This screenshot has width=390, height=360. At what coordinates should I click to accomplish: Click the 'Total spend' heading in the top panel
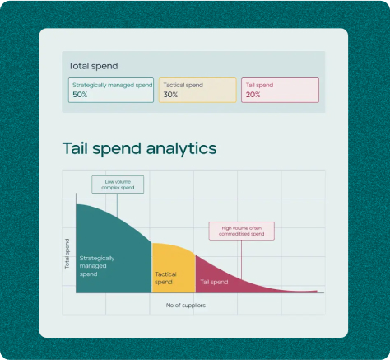coord(93,66)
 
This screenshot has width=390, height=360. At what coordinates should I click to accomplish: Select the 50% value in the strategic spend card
coord(80,95)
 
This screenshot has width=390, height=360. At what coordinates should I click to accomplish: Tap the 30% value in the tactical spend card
coord(170,95)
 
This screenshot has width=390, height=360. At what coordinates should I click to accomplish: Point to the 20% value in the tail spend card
coord(253,95)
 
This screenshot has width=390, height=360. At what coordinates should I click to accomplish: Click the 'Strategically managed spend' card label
coord(112,86)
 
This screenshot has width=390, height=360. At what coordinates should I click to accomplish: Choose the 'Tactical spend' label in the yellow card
coord(183,85)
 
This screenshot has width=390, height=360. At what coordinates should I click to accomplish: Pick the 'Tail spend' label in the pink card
coord(259,85)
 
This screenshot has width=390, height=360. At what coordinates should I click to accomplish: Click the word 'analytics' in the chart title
coord(181,148)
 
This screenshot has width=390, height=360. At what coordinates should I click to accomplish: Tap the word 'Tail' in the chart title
coord(75,148)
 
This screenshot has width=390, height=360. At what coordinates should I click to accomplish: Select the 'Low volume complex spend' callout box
coord(118,185)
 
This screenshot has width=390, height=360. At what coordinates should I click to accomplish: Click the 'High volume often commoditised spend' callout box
coord(242,231)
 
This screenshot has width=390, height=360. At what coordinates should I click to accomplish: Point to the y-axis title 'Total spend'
coord(67,254)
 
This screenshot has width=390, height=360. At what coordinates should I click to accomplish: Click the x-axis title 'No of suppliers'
coord(186,306)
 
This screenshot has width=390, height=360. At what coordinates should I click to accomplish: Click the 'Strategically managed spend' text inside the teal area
coord(97,266)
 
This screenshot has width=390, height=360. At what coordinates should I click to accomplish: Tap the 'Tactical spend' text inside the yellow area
coord(165,278)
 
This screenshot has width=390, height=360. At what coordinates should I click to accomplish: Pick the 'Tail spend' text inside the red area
coord(214,282)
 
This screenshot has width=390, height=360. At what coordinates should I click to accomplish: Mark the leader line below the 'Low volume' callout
coord(117,205)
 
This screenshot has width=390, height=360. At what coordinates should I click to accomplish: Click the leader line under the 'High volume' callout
coord(241,259)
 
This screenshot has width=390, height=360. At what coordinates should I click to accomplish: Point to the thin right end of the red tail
coord(317,292)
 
